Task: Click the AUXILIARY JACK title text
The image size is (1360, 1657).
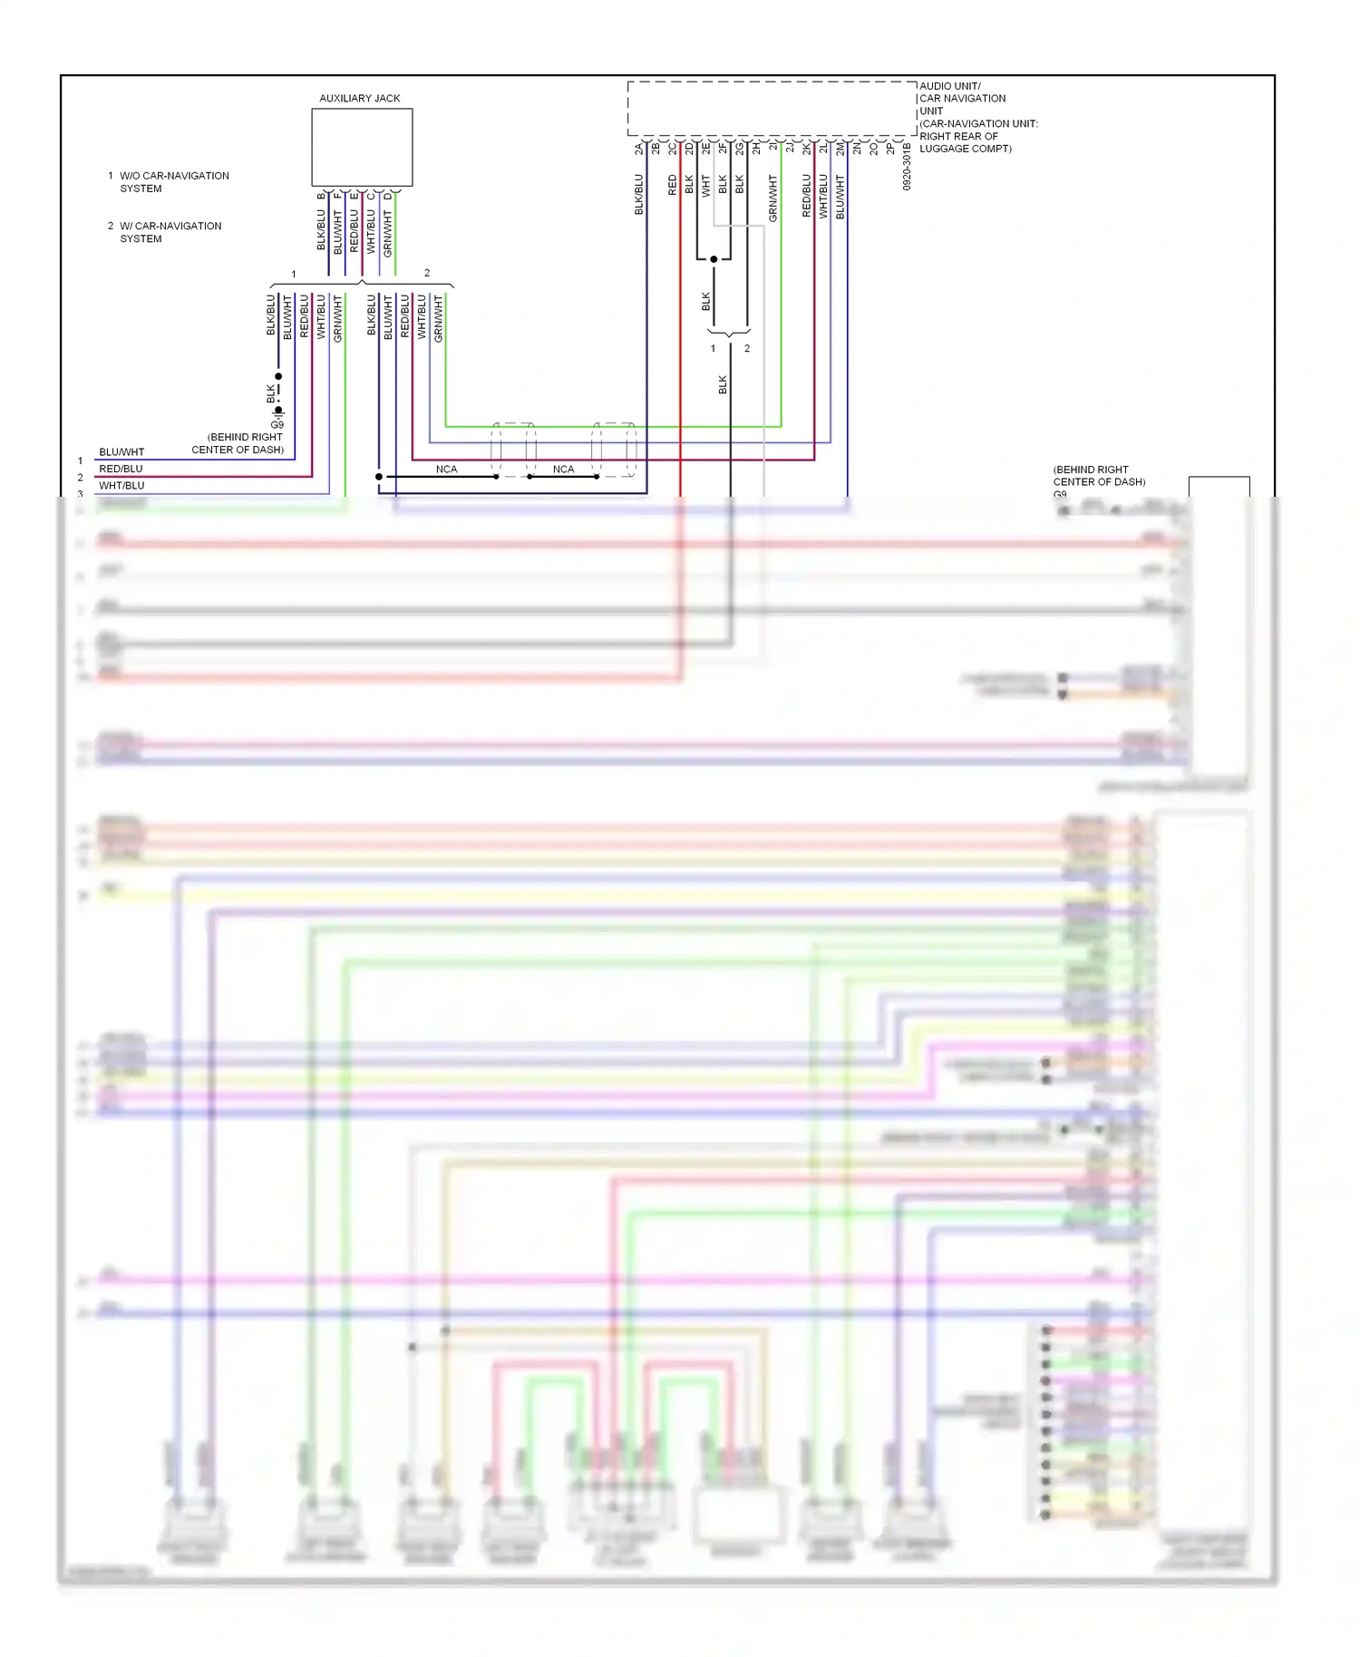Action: click(359, 98)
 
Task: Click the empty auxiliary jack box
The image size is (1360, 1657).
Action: click(362, 147)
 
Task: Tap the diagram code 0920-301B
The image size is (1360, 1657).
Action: click(906, 166)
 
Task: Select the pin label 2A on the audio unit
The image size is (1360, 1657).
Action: click(638, 148)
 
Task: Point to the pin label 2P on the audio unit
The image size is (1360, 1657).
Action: click(890, 148)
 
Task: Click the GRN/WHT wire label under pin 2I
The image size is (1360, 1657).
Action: click(772, 199)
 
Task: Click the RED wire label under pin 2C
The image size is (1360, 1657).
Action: click(672, 185)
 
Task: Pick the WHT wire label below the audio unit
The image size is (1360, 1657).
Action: click(705, 186)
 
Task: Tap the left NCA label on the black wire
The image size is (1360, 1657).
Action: click(446, 469)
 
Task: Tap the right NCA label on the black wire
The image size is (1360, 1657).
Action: click(563, 469)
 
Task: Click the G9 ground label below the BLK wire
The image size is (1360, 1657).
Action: click(277, 424)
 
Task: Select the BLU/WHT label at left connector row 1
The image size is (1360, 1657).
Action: click(121, 451)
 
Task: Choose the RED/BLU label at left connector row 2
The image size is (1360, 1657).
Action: click(121, 469)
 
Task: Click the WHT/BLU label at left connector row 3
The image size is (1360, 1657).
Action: click(121, 485)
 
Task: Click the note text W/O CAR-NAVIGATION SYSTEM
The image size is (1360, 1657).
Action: click(174, 181)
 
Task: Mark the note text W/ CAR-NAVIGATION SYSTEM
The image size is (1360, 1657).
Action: click(170, 232)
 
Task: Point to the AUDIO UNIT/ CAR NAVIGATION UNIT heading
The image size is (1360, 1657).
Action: click(962, 98)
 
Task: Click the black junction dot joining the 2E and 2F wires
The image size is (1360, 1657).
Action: click(714, 259)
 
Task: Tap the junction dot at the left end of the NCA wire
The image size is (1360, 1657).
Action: click(379, 476)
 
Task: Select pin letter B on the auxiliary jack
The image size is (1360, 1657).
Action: click(321, 196)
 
